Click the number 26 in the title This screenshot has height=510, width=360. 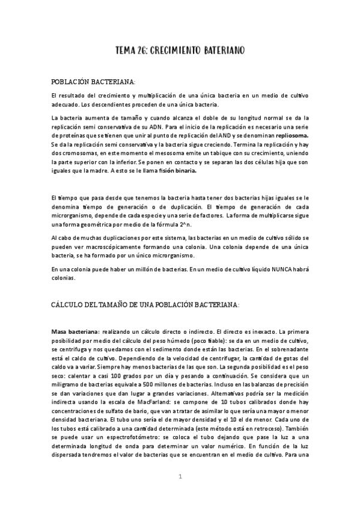pos(148,52)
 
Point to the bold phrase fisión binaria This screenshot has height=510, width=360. pos(175,171)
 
